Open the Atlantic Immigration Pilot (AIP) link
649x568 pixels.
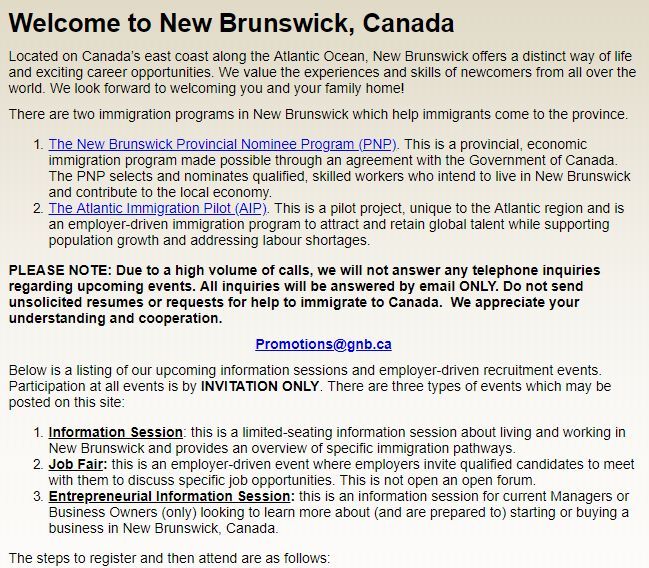159,209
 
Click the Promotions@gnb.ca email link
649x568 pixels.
323,344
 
